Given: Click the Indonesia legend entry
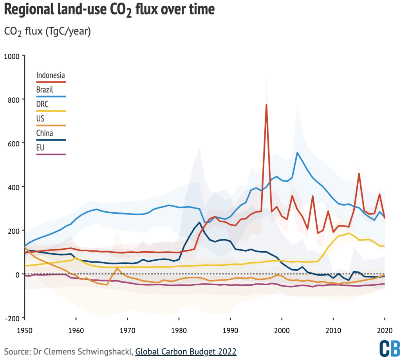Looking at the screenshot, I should pos(51,75).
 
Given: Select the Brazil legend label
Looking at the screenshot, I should pos(45,90).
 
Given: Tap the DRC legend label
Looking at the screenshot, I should pos(43,104).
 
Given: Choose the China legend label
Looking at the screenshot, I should pos(44,133).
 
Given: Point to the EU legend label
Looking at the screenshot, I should pos(40,148).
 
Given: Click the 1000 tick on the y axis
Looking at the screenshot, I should pos(12,56).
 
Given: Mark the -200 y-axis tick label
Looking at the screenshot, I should pos(12,318).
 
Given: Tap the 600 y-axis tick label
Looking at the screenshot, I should pos(13,144).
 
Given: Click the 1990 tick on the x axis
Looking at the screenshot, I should pos(230,330).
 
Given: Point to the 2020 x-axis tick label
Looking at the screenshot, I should pos(385,330).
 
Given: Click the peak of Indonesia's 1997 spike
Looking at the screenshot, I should pos(266,104).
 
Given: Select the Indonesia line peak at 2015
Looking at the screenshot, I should pos(359,173).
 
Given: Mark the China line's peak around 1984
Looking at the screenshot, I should pos(200,222).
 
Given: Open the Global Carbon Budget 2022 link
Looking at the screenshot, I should pos(186,351).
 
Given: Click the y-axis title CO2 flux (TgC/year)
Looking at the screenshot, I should pos(47,32).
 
